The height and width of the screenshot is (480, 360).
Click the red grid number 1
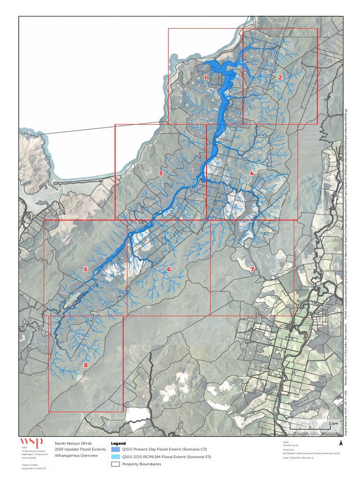[205, 78]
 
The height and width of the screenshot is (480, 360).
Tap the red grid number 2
[280, 78]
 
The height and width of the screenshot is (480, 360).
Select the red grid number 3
[161, 173]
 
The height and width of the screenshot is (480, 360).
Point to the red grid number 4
[252, 173]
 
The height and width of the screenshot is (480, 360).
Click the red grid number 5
[85, 269]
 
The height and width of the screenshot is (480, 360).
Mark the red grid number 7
[252, 270]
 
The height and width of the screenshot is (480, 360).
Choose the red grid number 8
[86, 365]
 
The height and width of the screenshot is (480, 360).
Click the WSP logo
[31, 442]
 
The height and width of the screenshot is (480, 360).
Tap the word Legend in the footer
[118, 443]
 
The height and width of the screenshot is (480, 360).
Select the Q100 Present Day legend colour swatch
[115, 450]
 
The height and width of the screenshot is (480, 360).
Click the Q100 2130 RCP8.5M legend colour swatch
[115, 457]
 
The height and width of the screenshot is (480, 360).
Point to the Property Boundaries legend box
[115, 464]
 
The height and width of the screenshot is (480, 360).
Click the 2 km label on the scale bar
[333, 424]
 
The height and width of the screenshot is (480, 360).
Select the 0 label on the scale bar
[290, 424]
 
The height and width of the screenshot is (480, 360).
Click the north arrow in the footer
[341, 443]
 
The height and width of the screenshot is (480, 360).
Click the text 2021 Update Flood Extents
[75, 449]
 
